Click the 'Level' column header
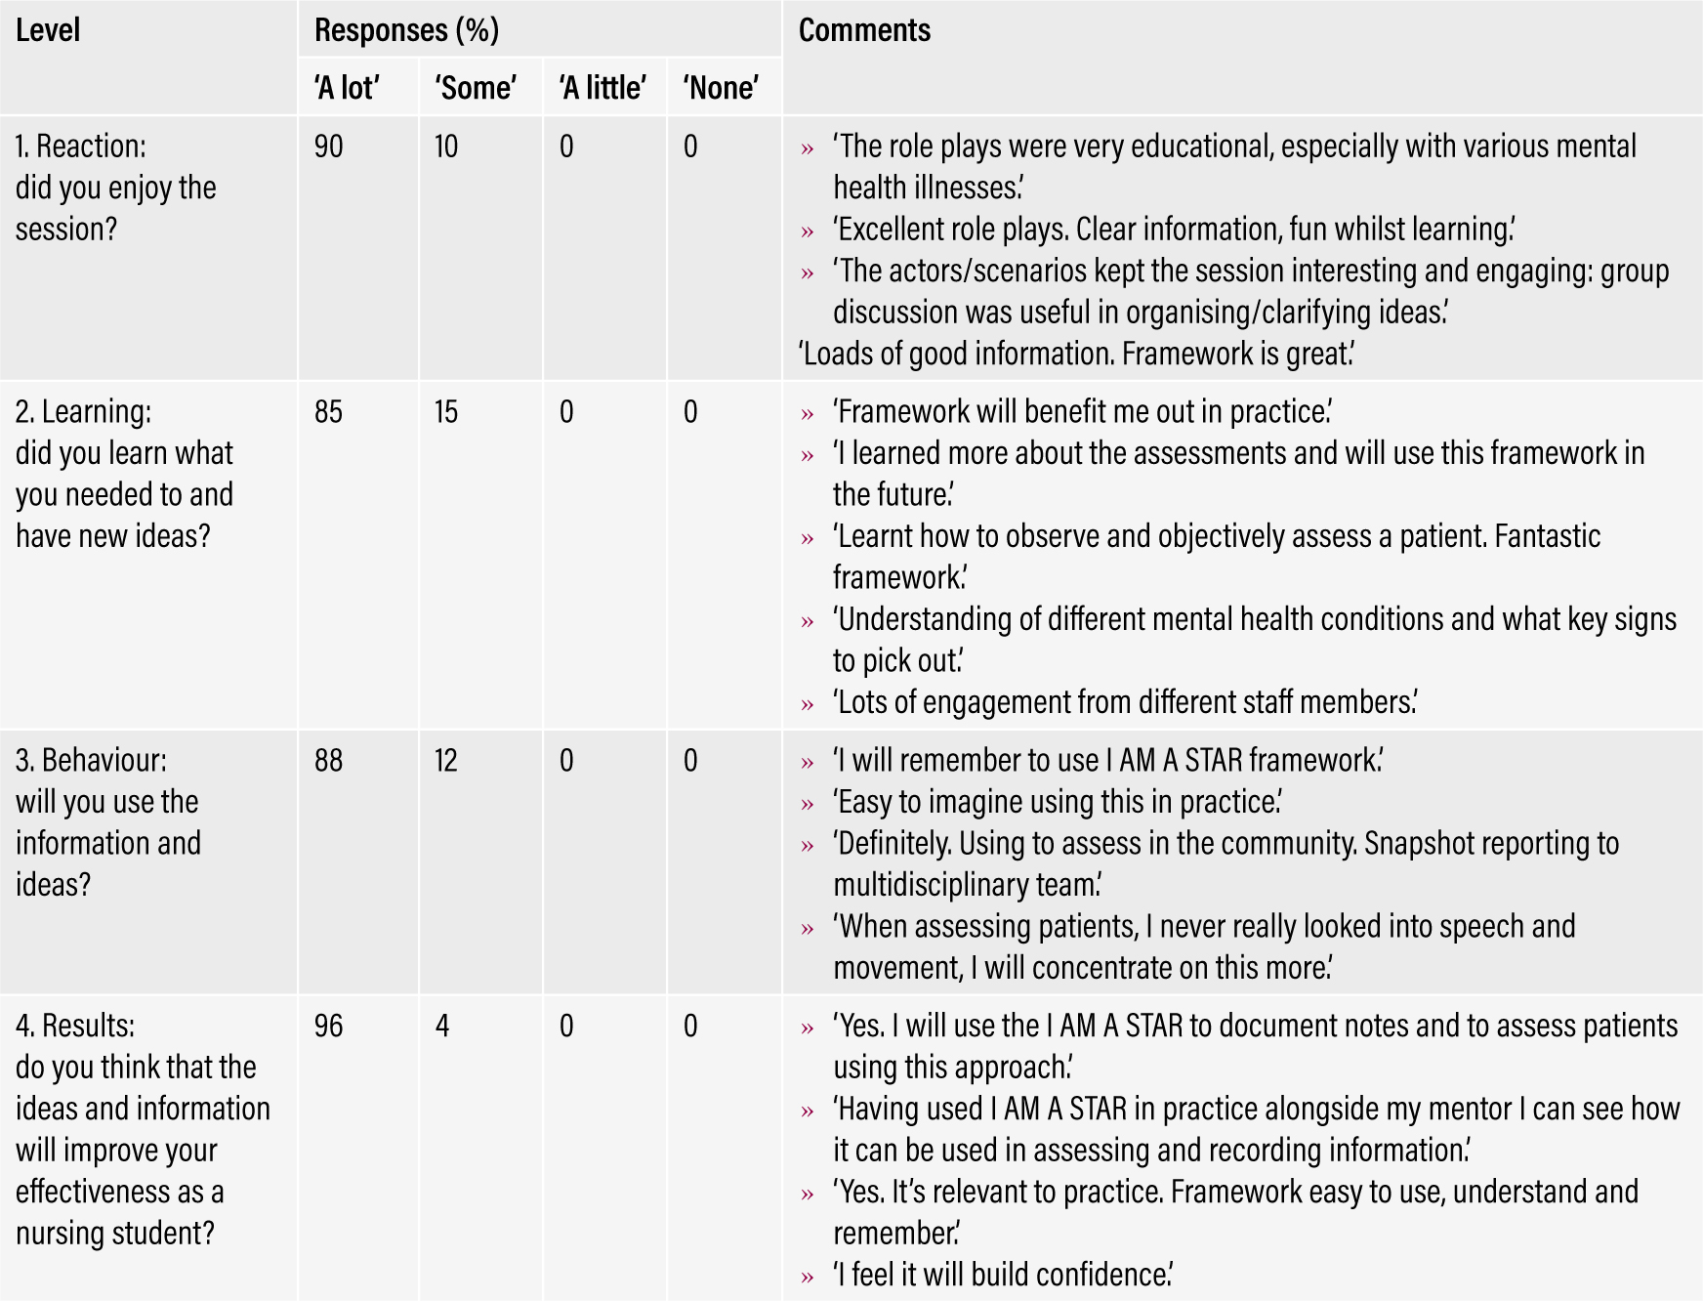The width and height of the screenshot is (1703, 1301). [x=48, y=30]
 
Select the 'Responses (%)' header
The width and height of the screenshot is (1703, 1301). [x=406, y=30]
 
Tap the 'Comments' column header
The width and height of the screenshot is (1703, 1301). [x=864, y=30]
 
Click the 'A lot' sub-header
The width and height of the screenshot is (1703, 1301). [x=347, y=88]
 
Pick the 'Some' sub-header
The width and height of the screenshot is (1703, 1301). [x=476, y=88]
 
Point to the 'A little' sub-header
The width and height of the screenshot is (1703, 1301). [x=602, y=88]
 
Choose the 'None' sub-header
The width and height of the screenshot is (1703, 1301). [x=721, y=88]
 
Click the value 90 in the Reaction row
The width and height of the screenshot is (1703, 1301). [x=329, y=147]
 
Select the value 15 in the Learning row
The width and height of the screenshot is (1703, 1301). [x=446, y=412]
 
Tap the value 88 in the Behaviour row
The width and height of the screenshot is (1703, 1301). [x=329, y=761]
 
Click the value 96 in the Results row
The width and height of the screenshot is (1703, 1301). [x=329, y=1027]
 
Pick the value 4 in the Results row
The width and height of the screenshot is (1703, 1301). [x=442, y=1027]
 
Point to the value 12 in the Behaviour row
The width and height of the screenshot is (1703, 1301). [x=446, y=761]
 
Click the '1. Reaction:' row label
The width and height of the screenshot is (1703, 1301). [x=81, y=147]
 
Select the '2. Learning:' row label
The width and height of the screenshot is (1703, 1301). [x=84, y=412]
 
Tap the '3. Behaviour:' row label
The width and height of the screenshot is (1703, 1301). [x=91, y=761]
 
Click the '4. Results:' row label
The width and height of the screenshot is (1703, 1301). [x=75, y=1027]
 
